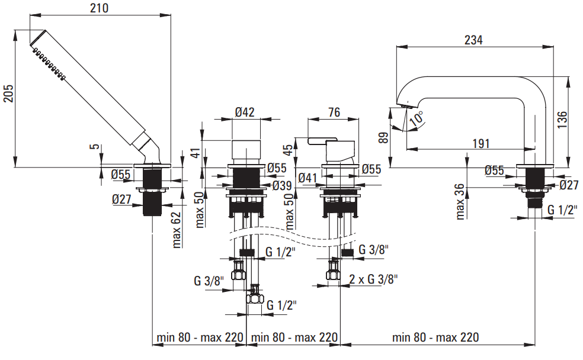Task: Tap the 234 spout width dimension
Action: pyautogui.click(x=473, y=40)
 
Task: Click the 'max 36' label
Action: pyautogui.click(x=460, y=201)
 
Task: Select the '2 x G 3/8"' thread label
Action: pyautogui.click(x=373, y=278)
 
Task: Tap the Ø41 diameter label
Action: pyautogui.click(x=309, y=177)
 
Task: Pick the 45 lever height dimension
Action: pyautogui.click(x=289, y=150)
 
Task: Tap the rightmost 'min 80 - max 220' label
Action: pyautogui.click(x=435, y=337)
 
